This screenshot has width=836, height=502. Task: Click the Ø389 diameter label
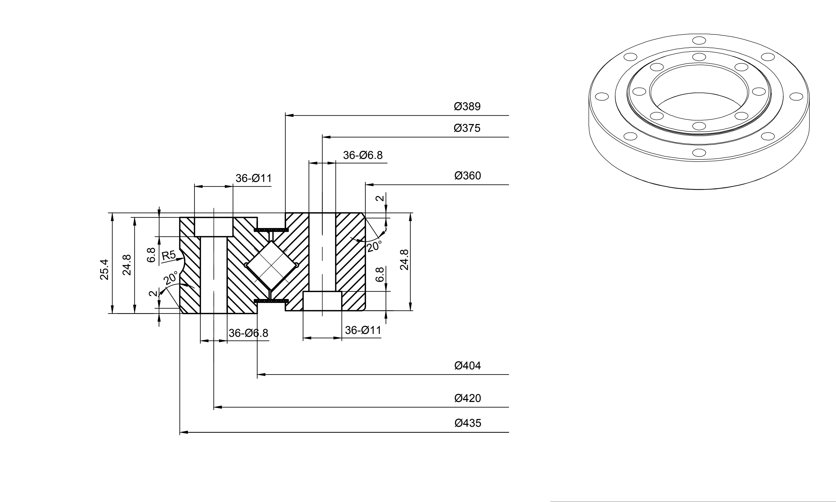click(x=467, y=107)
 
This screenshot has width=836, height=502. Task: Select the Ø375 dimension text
click(x=467, y=128)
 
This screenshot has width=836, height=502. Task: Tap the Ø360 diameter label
click(x=467, y=176)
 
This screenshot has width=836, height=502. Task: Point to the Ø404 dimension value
click(x=467, y=366)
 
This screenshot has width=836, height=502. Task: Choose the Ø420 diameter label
click(x=467, y=398)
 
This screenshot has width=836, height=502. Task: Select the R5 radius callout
click(x=169, y=255)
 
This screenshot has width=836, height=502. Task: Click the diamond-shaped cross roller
click(x=271, y=266)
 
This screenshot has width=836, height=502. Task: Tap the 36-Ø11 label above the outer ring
click(x=254, y=178)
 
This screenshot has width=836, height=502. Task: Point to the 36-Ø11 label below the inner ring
click(x=363, y=330)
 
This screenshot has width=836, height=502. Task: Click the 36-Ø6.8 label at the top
click(x=363, y=155)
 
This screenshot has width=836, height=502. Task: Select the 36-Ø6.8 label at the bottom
click(x=248, y=333)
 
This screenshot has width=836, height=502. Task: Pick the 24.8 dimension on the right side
click(x=404, y=260)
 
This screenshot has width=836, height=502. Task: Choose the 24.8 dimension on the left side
click(x=127, y=265)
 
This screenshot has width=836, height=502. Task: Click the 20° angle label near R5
click(x=171, y=278)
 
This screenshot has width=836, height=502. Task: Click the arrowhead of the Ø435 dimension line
click(x=184, y=432)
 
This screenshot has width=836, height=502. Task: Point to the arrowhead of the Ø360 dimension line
click(x=369, y=185)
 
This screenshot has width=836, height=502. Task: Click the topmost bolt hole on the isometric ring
click(x=699, y=41)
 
